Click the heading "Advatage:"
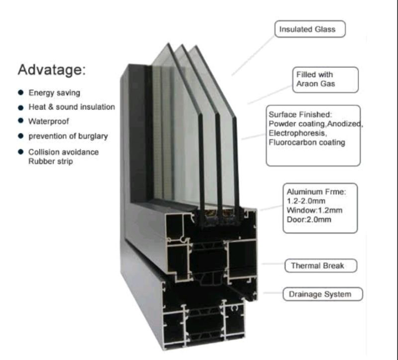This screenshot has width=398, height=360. click(x=52, y=70)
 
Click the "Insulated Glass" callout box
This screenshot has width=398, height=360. click(x=310, y=29)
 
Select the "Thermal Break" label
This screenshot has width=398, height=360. click(x=321, y=266)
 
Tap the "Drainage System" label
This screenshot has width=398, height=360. click(x=323, y=294)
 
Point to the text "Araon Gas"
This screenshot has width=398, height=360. click(x=315, y=84)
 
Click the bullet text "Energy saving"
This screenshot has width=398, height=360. click(x=54, y=93)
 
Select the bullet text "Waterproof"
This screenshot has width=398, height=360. click(x=48, y=121)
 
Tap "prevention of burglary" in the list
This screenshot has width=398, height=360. click(x=68, y=136)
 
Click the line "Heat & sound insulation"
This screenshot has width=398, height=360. click(x=72, y=107)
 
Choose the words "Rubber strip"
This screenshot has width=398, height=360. click(x=51, y=161)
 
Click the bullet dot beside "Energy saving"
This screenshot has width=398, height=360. click(x=21, y=93)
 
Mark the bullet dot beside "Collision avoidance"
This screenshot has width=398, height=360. click(x=21, y=152)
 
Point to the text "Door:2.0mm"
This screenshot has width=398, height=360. click(x=309, y=220)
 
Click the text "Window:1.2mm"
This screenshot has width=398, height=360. click(x=314, y=210)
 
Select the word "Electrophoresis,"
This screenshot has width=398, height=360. click(x=298, y=133)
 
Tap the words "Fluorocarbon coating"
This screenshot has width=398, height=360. click(x=307, y=142)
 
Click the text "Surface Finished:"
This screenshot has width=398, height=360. click(x=300, y=115)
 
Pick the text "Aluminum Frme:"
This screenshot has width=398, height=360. click(x=316, y=192)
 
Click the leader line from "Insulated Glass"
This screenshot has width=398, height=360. click(x=253, y=56)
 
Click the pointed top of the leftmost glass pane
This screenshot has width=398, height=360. click(x=168, y=43)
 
